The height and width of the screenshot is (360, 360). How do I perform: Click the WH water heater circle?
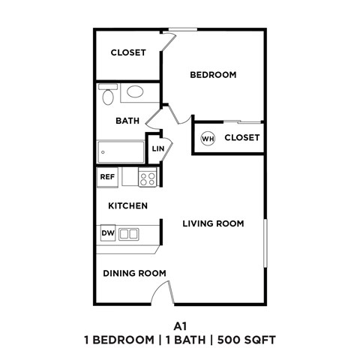[208, 138]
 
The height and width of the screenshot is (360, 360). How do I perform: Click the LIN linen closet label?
[157, 148]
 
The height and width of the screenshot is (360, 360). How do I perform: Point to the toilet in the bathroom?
[106, 95]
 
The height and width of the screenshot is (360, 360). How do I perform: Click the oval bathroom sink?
[135, 92]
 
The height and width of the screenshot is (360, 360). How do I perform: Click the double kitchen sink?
[129, 233]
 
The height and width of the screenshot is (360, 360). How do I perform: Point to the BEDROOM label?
[213, 75]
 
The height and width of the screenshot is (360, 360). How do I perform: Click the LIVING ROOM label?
[214, 223]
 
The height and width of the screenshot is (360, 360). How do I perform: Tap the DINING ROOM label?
[134, 273]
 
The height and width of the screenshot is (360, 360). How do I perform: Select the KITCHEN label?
[127, 205]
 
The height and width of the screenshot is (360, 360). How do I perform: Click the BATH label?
[126, 120]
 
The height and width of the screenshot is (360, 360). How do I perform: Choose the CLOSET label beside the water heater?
[241, 138]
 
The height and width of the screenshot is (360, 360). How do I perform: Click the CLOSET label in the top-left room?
[128, 52]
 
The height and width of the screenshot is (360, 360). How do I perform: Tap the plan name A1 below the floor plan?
[179, 326]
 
